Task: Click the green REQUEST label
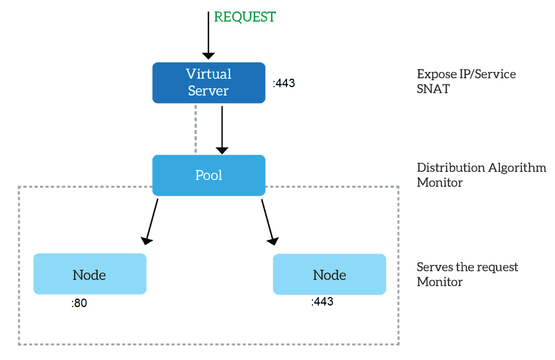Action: tap(245, 17)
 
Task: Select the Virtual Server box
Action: tap(209, 83)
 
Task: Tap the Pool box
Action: tap(209, 175)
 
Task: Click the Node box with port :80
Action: tap(90, 274)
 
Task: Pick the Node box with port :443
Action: tap(330, 274)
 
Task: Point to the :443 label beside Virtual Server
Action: tap(284, 83)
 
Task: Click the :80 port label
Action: tap(79, 303)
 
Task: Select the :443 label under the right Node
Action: tap(322, 302)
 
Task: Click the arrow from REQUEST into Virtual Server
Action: tap(208, 35)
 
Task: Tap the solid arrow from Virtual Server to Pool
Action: tap(222, 130)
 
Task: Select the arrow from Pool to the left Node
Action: tap(149, 222)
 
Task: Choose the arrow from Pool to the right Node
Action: tap(270, 222)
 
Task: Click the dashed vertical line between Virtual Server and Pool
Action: tap(196, 129)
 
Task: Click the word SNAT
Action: tap(433, 89)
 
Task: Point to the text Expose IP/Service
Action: tap(466, 74)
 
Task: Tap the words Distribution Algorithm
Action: tap(481, 168)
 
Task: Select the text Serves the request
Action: tap(467, 267)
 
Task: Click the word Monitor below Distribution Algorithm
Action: tap(440, 183)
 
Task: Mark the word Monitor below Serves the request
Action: tap(440, 282)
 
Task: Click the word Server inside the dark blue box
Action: tap(208, 91)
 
